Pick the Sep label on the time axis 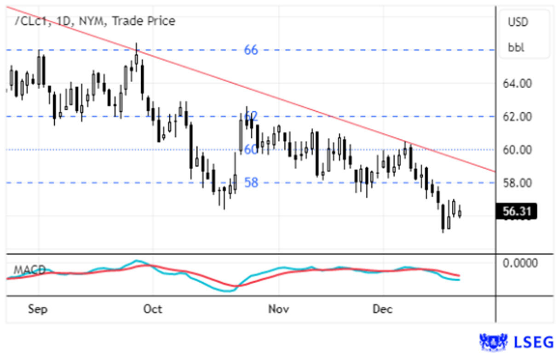tap(37, 309)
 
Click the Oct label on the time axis tap(153, 309)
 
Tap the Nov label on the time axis tap(278, 309)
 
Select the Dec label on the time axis tap(383, 309)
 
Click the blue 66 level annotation tap(251, 50)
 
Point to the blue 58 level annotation tap(251, 183)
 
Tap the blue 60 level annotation tap(251, 150)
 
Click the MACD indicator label tap(29, 270)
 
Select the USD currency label tap(518, 22)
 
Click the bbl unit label tap(516, 47)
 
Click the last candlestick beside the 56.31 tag tap(460, 212)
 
